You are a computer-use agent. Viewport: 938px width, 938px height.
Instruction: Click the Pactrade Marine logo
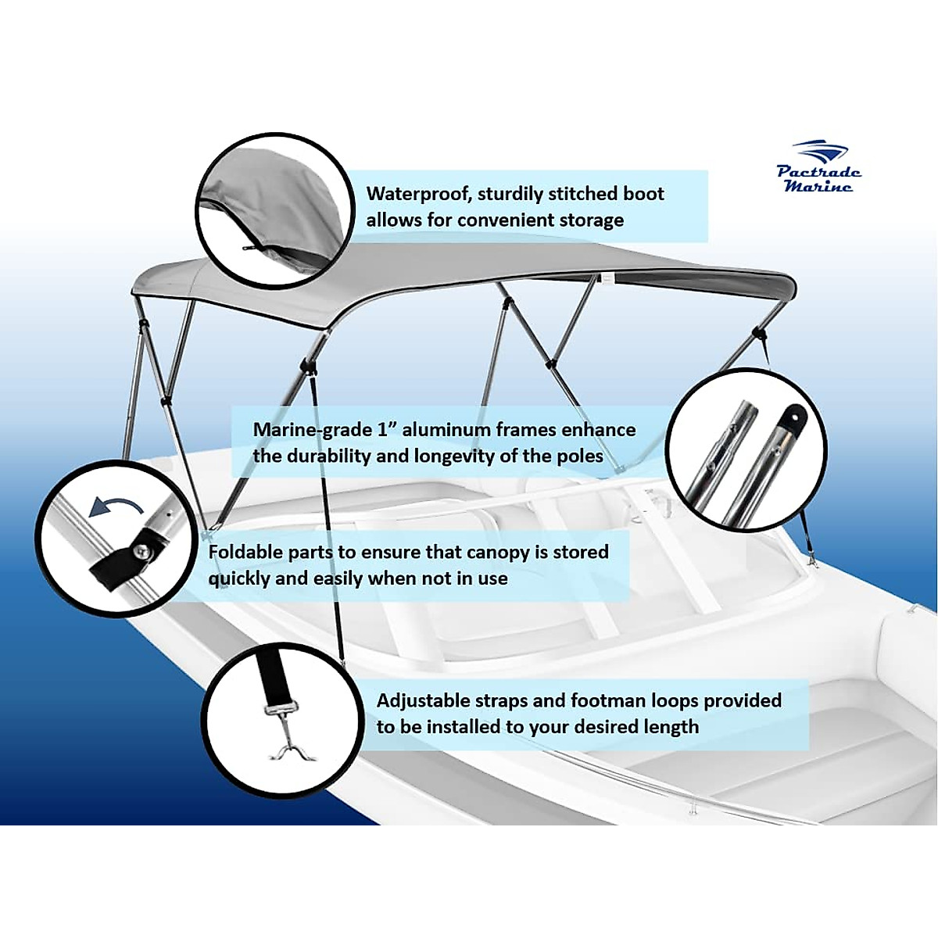point(818,167)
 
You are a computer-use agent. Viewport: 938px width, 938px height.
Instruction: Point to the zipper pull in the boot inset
point(248,249)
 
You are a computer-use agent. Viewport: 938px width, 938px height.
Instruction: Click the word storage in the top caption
point(592,220)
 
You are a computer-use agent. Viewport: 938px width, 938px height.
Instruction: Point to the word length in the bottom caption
point(671,727)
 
